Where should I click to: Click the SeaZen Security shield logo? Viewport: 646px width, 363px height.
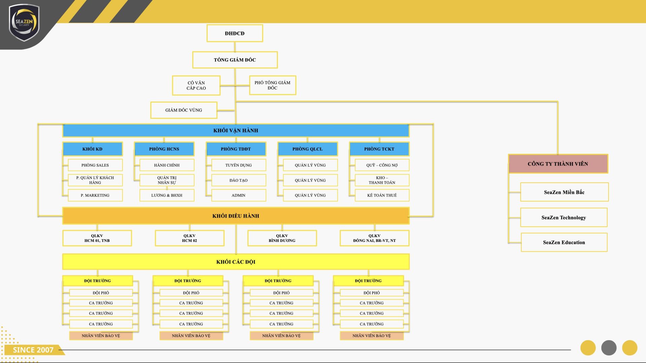[x=24, y=23]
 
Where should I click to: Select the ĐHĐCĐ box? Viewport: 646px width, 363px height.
[x=235, y=33]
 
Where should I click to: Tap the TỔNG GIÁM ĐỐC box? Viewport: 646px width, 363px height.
[x=235, y=60]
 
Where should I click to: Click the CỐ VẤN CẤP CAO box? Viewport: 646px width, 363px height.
[x=196, y=85]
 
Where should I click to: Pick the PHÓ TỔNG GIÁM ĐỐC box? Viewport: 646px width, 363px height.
[x=273, y=85]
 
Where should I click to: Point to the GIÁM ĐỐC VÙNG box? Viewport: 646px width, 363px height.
[x=184, y=110]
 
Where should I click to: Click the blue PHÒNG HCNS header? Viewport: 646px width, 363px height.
[x=164, y=149]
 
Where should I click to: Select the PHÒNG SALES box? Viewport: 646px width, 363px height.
[x=95, y=165]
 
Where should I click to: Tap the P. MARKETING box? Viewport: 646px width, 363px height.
[x=95, y=195]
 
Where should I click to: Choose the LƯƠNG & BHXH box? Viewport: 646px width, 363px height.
[x=167, y=195]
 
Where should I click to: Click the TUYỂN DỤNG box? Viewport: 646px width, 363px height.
[x=239, y=165]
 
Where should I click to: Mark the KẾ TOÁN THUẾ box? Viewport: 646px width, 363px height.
[x=382, y=195]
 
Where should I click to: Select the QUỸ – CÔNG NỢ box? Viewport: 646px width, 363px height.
[x=382, y=165]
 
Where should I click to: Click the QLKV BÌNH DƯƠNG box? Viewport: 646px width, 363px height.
[x=282, y=238]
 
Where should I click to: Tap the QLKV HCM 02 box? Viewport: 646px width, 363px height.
[x=189, y=238]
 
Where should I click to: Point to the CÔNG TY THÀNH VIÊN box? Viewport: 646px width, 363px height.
[x=558, y=164]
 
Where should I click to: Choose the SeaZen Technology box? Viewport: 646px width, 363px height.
[x=564, y=217]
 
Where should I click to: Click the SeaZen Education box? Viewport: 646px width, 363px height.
[x=564, y=242]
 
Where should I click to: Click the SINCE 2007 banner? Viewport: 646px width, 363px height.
[x=33, y=350]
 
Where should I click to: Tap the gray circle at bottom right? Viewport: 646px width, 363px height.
[x=609, y=348]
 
